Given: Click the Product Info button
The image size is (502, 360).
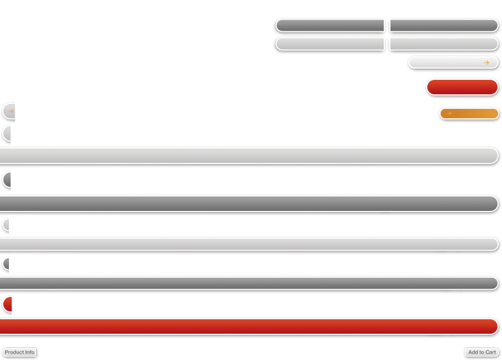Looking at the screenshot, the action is click(x=19, y=352).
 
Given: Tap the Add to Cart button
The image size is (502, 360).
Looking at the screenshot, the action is click(x=482, y=352).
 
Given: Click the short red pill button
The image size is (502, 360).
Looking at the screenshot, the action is click(x=462, y=87).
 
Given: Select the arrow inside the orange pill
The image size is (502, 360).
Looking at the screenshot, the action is click(x=449, y=113).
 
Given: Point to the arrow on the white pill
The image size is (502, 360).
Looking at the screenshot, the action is click(x=486, y=63).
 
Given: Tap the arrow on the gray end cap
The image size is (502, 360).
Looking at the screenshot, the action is click(x=11, y=111).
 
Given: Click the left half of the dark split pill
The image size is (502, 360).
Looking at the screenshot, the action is click(x=330, y=26).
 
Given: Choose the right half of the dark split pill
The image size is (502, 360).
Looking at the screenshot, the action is click(x=444, y=26).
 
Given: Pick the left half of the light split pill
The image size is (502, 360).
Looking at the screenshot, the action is click(x=330, y=44).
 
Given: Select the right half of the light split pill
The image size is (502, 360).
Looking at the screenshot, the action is click(x=444, y=44).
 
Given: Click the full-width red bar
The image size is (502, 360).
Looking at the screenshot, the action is click(x=249, y=327).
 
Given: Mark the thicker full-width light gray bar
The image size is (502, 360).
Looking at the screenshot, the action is click(x=249, y=156).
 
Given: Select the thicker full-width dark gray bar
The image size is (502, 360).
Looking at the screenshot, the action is click(x=249, y=204).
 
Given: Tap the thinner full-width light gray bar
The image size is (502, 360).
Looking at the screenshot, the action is click(x=249, y=244).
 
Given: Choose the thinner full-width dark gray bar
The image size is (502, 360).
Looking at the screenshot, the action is click(x=249, y=284).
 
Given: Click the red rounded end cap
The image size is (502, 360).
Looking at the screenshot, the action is click(x=8, y=304).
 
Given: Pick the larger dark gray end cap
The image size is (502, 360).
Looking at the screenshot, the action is click(x=7, y=180).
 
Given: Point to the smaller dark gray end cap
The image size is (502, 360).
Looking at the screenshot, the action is click(x=6, y=264).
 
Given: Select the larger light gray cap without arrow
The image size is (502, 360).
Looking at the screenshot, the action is click(x=7, y=133).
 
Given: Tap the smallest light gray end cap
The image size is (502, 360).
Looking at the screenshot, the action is click(x=6, y=225).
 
